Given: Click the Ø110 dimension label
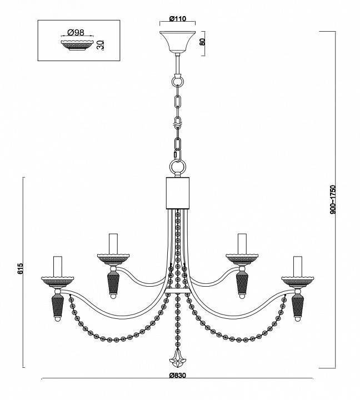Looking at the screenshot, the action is (178, 19).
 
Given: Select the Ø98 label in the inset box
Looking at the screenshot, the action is (76, 32).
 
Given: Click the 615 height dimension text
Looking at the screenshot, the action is (21, 268).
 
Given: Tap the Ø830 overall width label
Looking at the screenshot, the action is (178, 375).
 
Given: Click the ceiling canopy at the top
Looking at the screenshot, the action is (178, 42).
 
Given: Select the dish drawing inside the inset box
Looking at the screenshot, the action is (78, 45).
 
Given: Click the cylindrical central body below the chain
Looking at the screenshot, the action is (178, 193).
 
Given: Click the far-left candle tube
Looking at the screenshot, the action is (58, 266).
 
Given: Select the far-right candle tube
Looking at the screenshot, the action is (297, 266).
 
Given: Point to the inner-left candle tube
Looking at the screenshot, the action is (113, 244).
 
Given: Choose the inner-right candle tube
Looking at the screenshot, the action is (242, 244).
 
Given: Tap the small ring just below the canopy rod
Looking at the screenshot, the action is (178, 81).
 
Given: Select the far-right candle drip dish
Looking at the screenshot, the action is (297, 282).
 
